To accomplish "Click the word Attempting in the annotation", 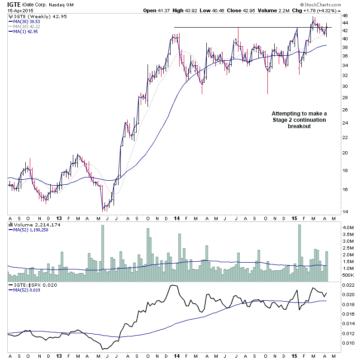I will (286, 113).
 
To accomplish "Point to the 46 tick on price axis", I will (345, 15).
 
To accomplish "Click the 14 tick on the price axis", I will (345, 211).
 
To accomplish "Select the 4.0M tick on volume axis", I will (348, 227).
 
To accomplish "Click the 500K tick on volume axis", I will (348, 275).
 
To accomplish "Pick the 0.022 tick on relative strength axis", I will (348, 285).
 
